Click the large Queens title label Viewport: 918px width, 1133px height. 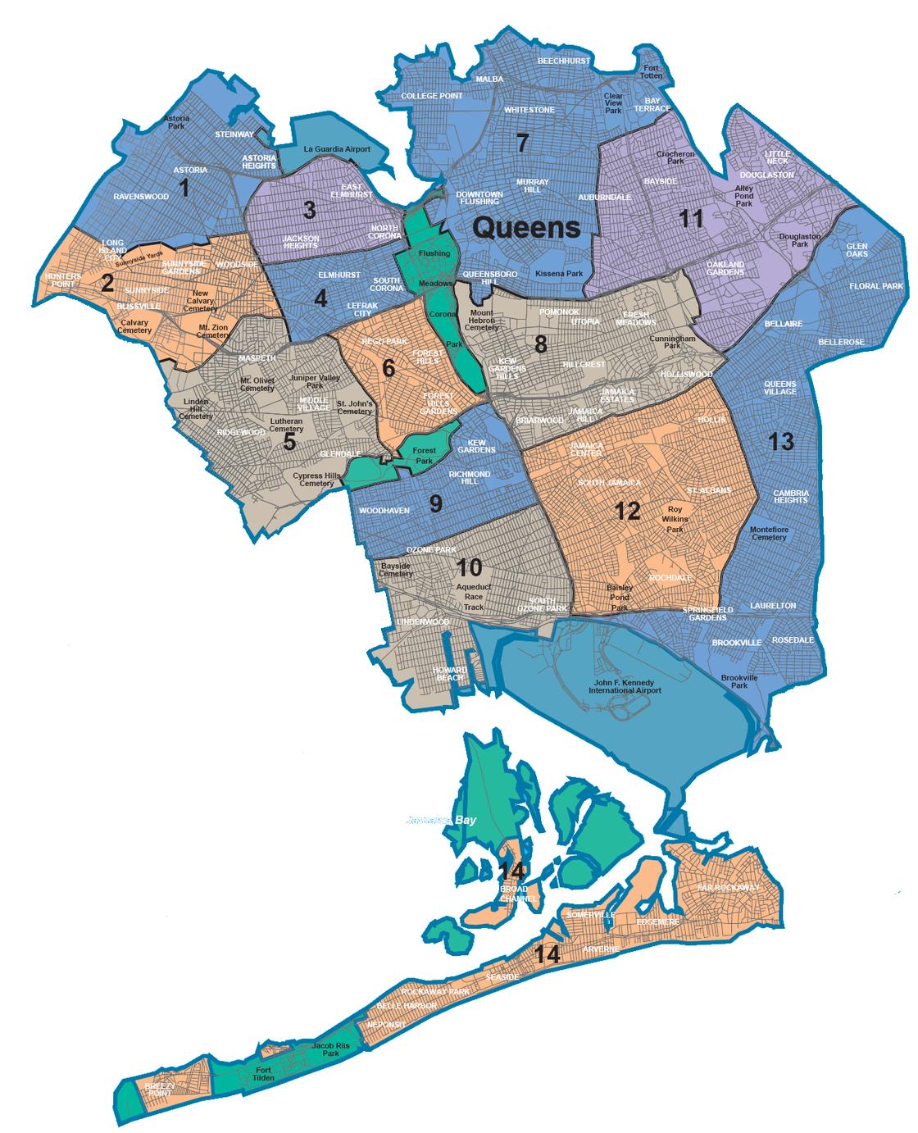[526, 227]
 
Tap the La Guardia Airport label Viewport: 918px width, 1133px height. [337, 149]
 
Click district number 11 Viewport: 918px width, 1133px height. [693, 218]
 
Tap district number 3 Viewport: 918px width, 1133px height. [309, 210]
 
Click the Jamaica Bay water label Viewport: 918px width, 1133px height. [441, 820]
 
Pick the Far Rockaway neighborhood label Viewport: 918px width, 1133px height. [728, 887]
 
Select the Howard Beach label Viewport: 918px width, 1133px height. [450, 674]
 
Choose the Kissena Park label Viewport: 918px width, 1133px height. [557, 272]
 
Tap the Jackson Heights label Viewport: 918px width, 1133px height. [301, 242]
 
